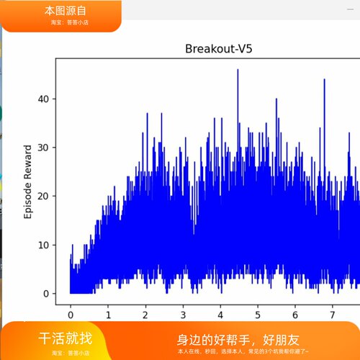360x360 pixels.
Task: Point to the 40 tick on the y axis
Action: tap(45, 99)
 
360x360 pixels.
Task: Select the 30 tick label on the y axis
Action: tap(45, 148)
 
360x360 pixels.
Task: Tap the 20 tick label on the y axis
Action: tap(45, 197)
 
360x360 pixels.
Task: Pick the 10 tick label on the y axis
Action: tap(45, 245)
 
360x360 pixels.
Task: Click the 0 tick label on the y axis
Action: tap(48, 294)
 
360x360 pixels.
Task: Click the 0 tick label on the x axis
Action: tap(71, 315)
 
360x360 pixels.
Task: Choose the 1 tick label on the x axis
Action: tap(108, 315)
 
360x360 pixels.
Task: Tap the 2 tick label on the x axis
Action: tap(145, 315)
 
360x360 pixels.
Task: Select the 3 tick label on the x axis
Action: tap(183, 315)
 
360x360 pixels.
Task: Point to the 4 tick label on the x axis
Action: tap(220, 315)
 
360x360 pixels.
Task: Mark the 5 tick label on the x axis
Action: tap(258, 315)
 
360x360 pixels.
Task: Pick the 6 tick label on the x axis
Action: tap(295, 315)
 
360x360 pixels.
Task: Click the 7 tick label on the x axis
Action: tap(332, 315)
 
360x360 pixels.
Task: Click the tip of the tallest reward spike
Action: tap(238, 70)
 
